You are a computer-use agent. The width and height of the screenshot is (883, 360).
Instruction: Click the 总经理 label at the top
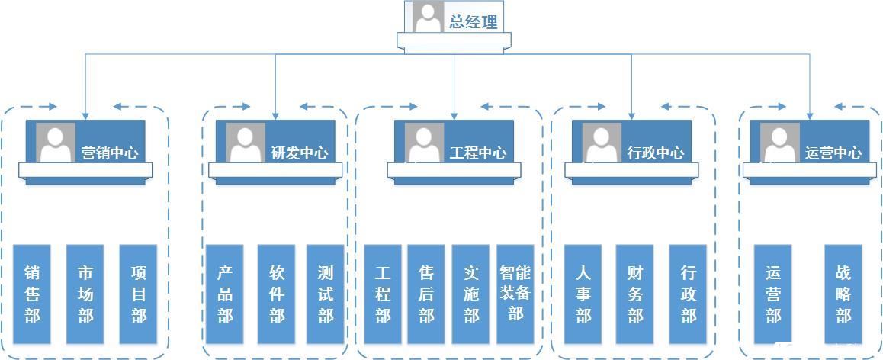[x=474, y=22]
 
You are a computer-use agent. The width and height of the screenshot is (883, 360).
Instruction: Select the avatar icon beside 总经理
[x=429, y=17]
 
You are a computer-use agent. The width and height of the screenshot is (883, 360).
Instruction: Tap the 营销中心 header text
[x=111, y=153]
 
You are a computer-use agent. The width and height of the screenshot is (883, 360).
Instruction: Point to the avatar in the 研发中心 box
[x=246, y=143]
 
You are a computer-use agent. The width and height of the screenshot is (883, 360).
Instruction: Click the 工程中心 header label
[x=477, y=153]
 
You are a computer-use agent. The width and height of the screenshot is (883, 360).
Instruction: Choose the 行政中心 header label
[x=656, y=153]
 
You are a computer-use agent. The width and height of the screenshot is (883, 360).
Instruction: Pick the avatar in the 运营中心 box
[x=779, y=143]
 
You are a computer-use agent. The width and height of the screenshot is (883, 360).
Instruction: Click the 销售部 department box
[x=32, y=294]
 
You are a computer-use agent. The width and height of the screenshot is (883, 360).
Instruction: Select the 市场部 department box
[x=85, y=294]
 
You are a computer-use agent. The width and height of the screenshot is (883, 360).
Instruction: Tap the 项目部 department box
[x=138, y=294]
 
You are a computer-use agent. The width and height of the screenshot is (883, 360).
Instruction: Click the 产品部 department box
[x=224, y=294]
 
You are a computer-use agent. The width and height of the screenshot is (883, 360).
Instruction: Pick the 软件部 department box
[x=277, y=294]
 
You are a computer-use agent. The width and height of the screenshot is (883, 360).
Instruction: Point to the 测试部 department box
[x=326, y=294]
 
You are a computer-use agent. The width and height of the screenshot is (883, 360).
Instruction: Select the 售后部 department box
[x=426, y=294]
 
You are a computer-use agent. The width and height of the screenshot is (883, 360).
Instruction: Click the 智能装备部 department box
[x=515, y=294]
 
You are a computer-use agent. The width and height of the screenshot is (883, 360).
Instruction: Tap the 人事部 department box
[x=583, y=294]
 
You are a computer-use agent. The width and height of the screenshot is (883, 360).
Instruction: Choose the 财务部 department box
[x=635, y=294]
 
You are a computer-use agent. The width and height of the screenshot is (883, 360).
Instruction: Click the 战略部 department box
[x=843, y=294]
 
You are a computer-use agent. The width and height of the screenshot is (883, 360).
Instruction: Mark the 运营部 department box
[x=773, y=294]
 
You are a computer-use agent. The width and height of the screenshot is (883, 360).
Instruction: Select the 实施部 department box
[x=470, y=294]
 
